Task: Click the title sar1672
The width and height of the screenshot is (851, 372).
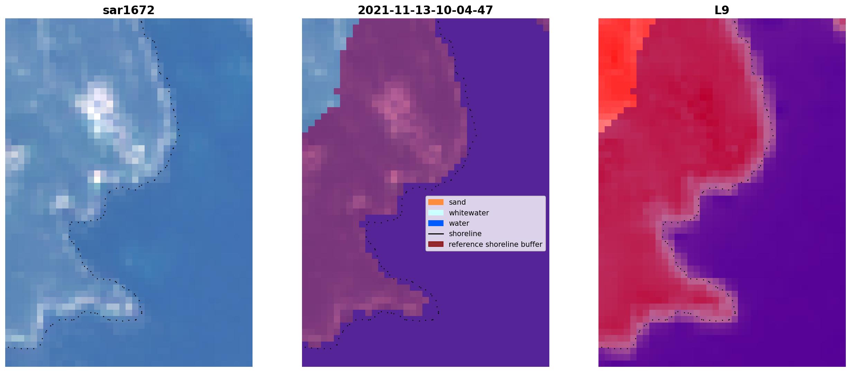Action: (128, 10)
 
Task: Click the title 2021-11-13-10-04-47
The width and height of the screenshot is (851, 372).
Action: (425, 10)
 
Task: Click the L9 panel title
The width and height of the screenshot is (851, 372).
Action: (722, 10)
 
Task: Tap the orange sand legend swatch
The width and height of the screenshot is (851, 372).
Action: (436, 202)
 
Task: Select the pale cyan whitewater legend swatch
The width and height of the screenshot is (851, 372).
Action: (436, 213)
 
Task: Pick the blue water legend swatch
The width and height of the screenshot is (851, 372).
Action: (436, 223)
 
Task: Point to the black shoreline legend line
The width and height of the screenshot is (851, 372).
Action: (436, 234)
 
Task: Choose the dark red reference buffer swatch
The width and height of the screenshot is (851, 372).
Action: (436, 244)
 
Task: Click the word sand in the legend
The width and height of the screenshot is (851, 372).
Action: (457, 202)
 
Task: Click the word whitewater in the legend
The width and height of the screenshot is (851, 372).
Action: (469, 213)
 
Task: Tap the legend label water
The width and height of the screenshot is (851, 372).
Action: (459, 223)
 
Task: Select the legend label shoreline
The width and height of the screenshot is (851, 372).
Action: (465, 234)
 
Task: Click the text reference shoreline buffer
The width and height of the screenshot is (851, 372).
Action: (495, 244)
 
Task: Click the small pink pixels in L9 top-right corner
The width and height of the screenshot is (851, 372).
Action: (840, 25)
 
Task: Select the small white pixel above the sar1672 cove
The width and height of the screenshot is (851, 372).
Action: (97, 177)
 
